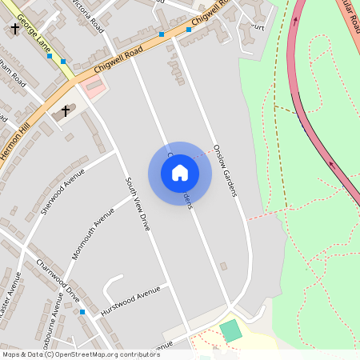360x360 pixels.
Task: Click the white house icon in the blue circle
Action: [180, 173]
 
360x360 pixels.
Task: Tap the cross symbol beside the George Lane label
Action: [15, 30]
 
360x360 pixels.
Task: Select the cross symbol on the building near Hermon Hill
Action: [65, 111]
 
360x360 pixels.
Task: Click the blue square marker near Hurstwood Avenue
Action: [82, 311]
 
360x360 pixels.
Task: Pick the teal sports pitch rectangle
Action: [230, 330]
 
